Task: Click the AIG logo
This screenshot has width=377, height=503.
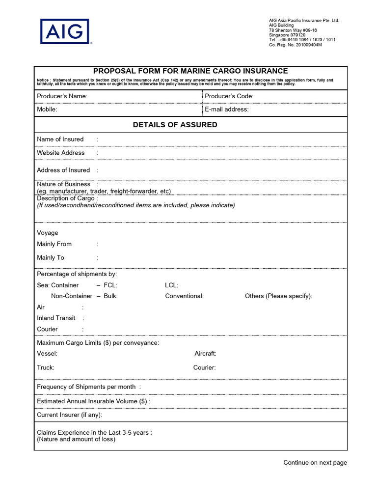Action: pyautogui.click(x=65, y=32)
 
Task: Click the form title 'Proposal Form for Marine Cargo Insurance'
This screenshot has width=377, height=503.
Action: pyautogui.click(x=190, y=71)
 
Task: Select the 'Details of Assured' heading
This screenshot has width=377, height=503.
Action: pyautogui.click(x=175, y=125)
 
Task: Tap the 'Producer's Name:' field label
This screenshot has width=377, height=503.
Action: pyautogui.click(x=62, y=96)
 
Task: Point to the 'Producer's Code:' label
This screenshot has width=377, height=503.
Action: pyautogui.click(x=229, y=96)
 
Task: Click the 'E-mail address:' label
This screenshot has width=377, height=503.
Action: pyautogui.click(x=226, y=110)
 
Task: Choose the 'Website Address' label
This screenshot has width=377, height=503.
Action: pyautogui.click(x=60, y=153)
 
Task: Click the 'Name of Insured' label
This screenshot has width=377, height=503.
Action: pyautogui.click(x=60, y=140)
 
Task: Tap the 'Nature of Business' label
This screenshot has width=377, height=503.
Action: pyautogui.click(x=63, y=184)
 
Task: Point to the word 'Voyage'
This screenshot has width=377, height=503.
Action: pyautogui.click(x=47, y=233)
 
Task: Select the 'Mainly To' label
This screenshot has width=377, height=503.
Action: pyautogui.click(x=50, y=257)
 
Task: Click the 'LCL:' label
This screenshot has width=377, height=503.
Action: pyautogui.click(x=172, y=285)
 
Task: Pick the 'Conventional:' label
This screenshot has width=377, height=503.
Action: pyautogui.click(x=184, y=296)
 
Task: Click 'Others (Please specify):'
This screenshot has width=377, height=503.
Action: pyautogui.click(x=278, y=296)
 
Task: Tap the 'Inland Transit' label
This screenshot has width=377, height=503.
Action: pyautogui.click(x=56, y=318)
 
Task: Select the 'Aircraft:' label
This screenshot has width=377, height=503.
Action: pyautogui.click(x=205, y=354)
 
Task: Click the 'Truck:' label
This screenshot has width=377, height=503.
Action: pyautogui.click(x=46, y=367)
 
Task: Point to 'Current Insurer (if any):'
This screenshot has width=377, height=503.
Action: pyautogui.click(x=69, y=415)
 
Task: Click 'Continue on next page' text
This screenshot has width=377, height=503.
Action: pyautogui.click(x=315, y=462)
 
